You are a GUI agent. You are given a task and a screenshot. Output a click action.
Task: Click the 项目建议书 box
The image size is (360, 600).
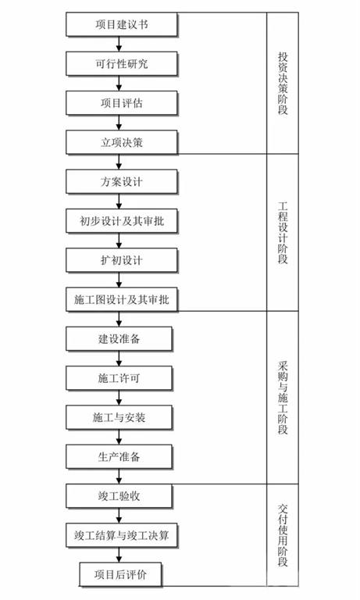(122, 24)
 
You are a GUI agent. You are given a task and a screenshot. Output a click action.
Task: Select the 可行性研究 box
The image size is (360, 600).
(122, 64)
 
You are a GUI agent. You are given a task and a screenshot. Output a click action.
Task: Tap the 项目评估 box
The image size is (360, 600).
(122, 103)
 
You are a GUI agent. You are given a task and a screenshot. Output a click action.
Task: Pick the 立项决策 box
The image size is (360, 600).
(122, 142)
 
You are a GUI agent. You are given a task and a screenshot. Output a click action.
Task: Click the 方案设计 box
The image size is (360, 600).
(122, 182)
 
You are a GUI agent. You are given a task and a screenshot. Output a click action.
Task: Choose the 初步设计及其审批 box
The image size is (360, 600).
(122, 221)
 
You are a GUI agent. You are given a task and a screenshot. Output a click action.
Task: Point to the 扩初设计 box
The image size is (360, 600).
(122, 260)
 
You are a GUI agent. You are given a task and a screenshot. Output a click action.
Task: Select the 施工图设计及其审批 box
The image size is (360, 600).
(122, 300)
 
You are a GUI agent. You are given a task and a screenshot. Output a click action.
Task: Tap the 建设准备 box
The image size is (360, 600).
(119, 338)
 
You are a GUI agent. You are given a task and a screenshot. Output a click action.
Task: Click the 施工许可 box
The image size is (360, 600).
(119, 378)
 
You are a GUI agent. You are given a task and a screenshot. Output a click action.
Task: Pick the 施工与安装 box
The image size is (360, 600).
(119, 417)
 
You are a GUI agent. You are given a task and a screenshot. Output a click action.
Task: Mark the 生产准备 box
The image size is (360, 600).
(119, 456)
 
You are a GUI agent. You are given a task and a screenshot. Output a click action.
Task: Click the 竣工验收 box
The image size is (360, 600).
(119, 496)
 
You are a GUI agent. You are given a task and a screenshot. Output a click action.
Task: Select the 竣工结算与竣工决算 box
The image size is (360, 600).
(122, 535)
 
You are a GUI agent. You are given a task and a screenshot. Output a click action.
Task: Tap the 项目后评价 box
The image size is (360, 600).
(120, 574)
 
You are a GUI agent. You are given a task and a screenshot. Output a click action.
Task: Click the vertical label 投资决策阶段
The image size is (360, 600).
(283, 84)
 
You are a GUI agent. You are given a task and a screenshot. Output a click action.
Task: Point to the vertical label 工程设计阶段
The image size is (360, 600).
(283, 233)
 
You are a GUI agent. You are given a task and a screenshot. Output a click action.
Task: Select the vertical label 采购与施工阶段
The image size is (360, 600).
(283, 397)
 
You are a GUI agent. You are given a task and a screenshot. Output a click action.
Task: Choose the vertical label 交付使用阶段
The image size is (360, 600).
(283, 535)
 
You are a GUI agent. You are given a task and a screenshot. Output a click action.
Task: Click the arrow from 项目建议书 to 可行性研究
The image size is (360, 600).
(119, 45)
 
